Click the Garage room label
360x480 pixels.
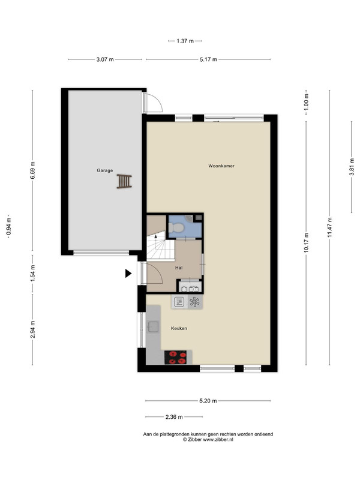(x=104, y=170)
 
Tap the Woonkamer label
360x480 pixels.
(x=221, y=166)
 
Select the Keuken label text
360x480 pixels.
(x=179, y=328)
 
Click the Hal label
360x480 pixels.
(x=179, y=268)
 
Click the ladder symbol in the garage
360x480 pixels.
(x=124, y=181)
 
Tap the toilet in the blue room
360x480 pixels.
(x=176, y=227)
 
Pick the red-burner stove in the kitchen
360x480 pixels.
(x=175, y=357)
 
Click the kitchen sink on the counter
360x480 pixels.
(x=153, y=326)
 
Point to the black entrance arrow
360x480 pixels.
(x=128, y=274)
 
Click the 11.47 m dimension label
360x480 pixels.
(x=329, y=227)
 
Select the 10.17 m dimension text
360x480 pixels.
(x=306, y=243)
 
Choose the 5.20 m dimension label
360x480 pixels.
(x=208, y=401)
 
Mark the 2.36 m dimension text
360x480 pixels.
(x=174, y=417)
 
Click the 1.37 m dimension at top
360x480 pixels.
(x=185, y=41)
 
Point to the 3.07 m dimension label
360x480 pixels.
(x=105, y=59)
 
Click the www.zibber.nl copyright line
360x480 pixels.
(x=208, y=440)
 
